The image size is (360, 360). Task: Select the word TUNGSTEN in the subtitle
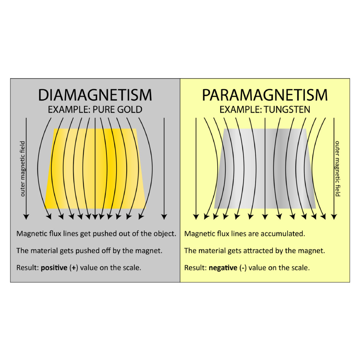[287, 109]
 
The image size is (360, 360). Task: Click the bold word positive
[54, 268]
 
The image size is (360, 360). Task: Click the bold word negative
[223, 268]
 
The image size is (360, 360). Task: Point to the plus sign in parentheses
[74, 268]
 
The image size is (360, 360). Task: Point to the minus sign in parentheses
[243, 268]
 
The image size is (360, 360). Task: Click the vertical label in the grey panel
[22, 169]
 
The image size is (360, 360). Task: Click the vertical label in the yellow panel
[337, 169]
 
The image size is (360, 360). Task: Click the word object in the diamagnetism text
[165, 234]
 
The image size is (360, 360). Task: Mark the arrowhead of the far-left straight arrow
[26, 217]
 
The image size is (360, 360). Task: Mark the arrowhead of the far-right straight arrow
[334, 217]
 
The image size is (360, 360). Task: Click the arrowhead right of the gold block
[164, 217]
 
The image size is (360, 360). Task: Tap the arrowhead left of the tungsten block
[196, 217]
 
